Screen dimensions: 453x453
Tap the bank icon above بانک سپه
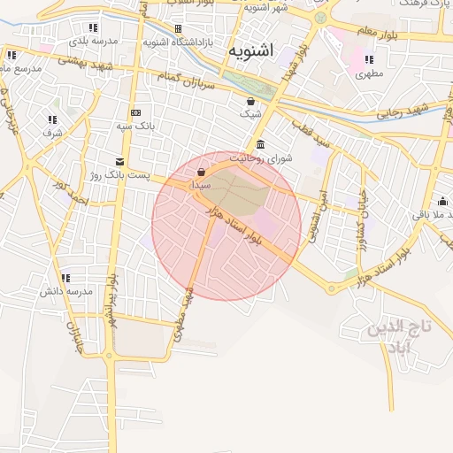135,112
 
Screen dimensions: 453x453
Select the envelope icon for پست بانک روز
119,161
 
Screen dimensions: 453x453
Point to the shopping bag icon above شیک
251,101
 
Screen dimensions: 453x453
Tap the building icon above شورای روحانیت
259,144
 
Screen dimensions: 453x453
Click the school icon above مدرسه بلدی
93,27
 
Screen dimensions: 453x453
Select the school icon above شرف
52,119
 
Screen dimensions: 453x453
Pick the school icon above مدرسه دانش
65,279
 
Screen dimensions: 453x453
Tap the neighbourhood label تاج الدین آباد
402,337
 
